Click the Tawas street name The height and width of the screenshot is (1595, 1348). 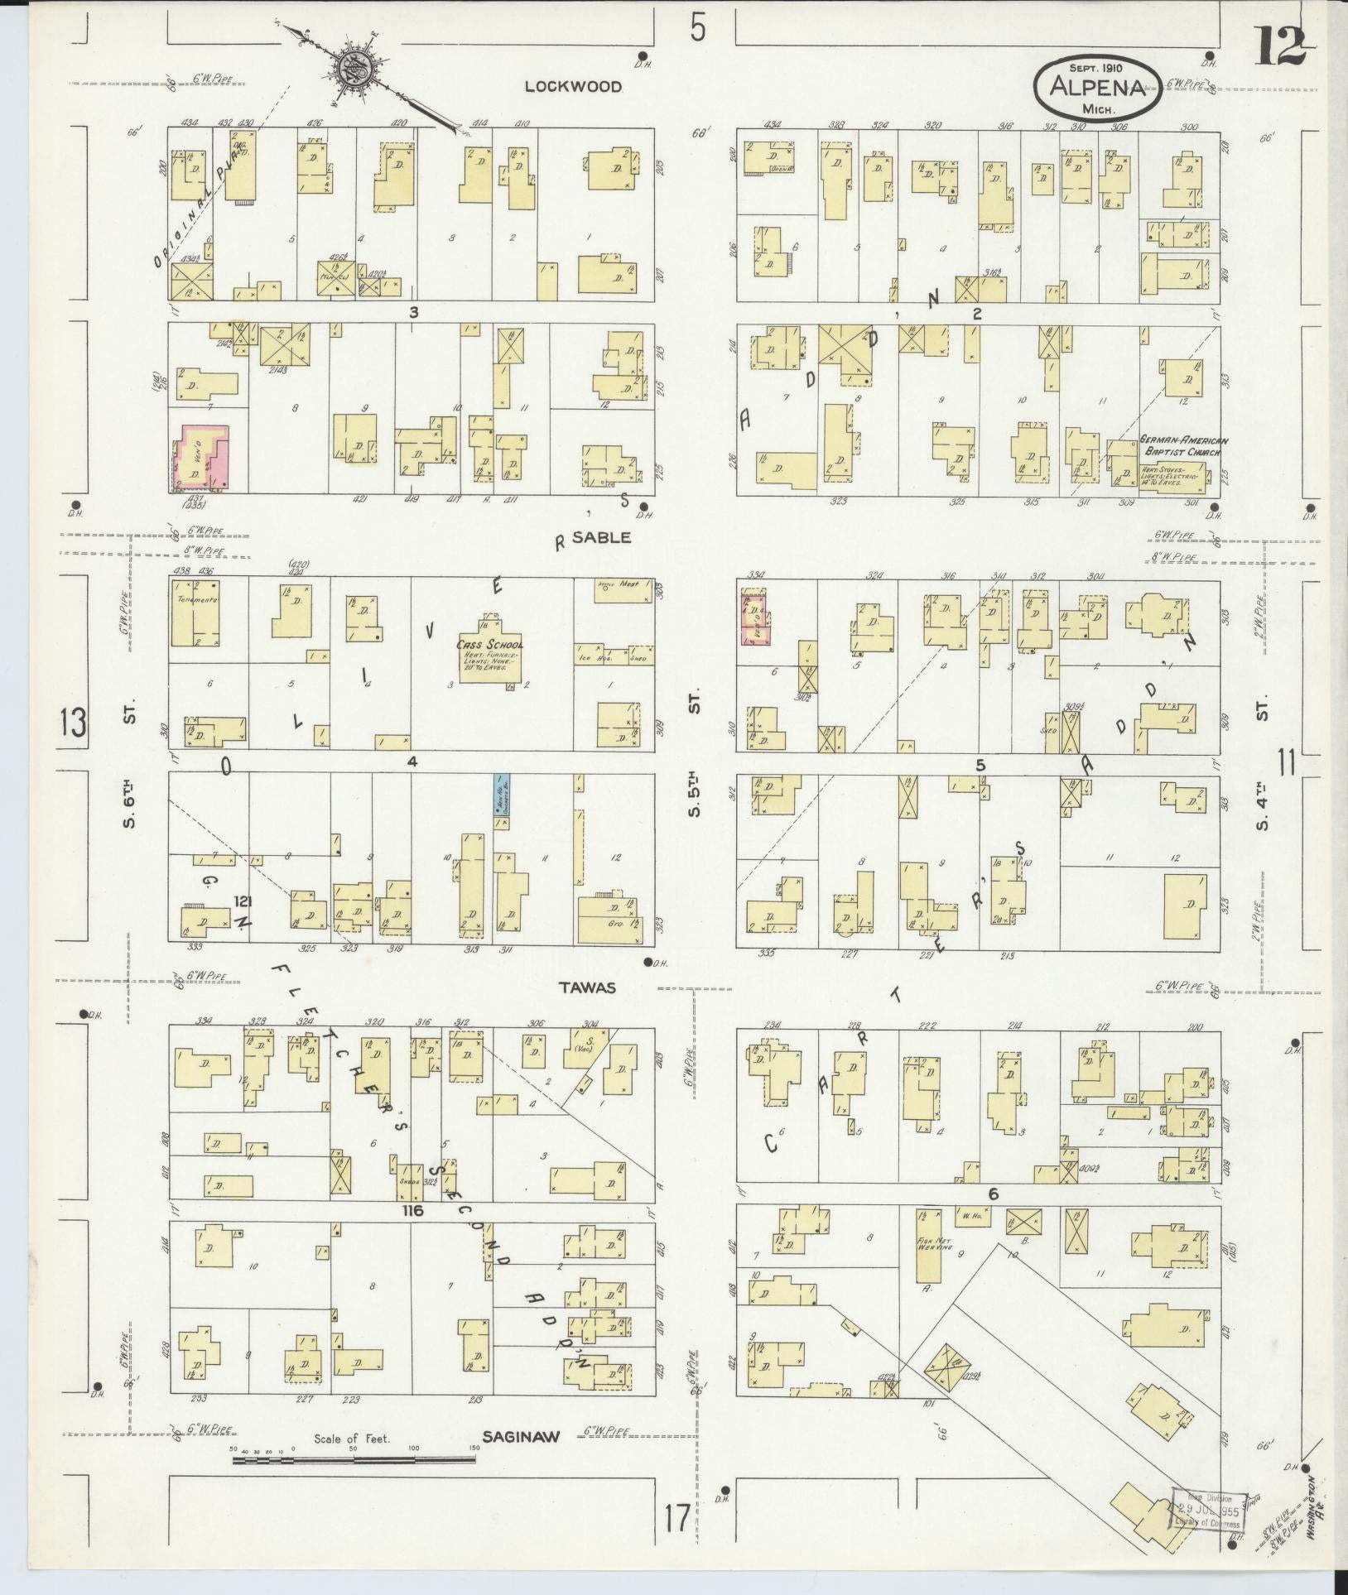(587, 987)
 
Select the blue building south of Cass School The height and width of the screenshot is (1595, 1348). (501, 795)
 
